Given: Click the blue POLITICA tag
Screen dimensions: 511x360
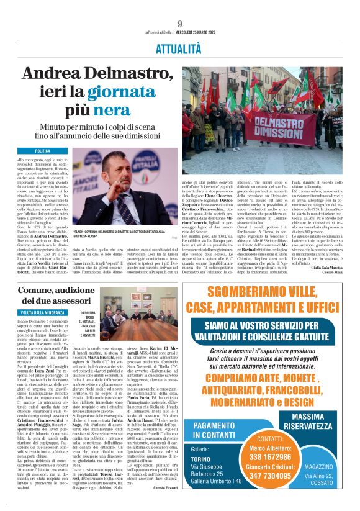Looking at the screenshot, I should pos(43,151).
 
